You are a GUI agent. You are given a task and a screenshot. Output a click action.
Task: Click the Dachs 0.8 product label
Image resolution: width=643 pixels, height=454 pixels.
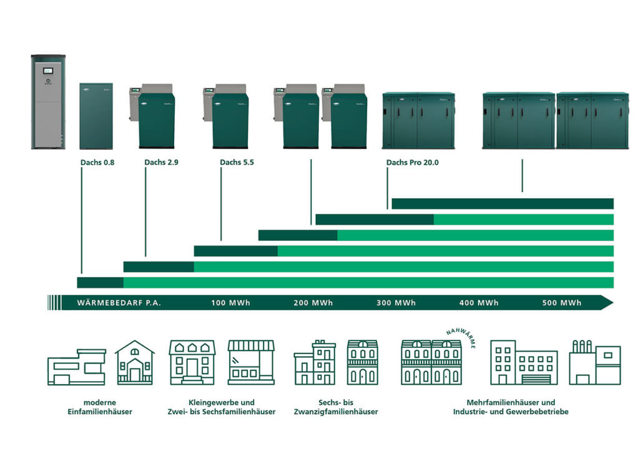[97, 163]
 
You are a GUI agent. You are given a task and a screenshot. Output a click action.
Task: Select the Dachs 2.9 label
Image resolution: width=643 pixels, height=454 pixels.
[162, 163]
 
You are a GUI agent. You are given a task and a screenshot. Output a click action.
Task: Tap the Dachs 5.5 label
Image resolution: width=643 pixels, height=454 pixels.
[237, 163]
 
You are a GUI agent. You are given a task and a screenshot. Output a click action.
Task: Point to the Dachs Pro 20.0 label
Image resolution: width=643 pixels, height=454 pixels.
[412, 163]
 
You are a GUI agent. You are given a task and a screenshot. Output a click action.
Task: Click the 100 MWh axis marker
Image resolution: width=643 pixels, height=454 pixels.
[230, 303]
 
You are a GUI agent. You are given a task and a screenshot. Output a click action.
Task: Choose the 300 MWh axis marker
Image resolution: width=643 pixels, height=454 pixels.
[396, 303]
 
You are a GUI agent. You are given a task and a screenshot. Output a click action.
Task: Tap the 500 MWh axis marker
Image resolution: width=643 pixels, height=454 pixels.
[562, 303]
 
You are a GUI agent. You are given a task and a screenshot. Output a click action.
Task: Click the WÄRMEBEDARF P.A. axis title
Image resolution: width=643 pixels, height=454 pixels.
[119, 303]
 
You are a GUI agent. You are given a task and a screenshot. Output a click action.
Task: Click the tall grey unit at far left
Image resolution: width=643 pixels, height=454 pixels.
[48, 102]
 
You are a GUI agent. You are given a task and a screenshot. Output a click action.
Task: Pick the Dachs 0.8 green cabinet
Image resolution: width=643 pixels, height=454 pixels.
[96, 116]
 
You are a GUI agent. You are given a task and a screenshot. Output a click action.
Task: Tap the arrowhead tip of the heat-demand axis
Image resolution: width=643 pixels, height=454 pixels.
[610, 303]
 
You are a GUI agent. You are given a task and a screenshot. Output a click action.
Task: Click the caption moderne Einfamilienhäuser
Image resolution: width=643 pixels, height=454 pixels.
[100, 407]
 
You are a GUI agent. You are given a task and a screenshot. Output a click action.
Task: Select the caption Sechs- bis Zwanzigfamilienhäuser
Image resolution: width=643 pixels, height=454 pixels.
[336, 407]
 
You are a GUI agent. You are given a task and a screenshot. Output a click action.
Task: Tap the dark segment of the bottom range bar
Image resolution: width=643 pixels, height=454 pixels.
[100, 283]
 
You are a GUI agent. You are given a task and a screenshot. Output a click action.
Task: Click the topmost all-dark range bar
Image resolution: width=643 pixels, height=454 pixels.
[502, 203]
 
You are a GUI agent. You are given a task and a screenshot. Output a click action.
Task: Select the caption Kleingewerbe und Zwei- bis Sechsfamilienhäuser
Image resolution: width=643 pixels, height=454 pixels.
[221, 407]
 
